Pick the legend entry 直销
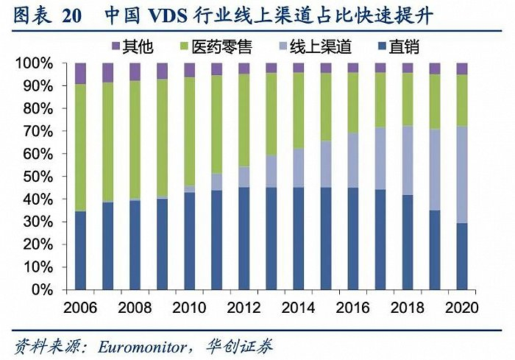pos(403,48)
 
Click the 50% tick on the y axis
pos(38,177)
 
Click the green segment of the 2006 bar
pos(81,147)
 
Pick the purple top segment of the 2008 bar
pos(135,71)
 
